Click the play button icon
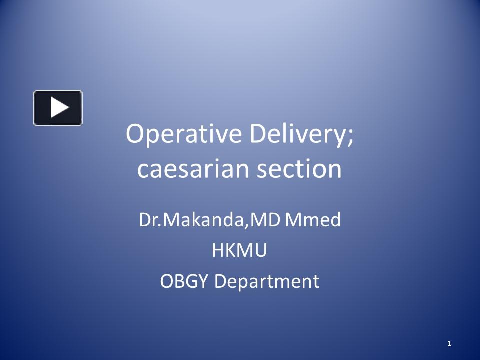[x=58, y=108]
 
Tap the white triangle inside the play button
[x=59, y=108]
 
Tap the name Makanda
[x=203, y=220]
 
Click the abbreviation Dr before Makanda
[x=149, y=220]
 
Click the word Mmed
[x=312, y=220]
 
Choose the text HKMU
[x=239, y=251]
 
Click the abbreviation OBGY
[x=185, y=281]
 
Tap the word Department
[x=267, y=281]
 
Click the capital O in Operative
[x=135, y=135]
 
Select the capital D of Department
[x=220, y=281]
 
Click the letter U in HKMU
[x=261, y=251]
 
